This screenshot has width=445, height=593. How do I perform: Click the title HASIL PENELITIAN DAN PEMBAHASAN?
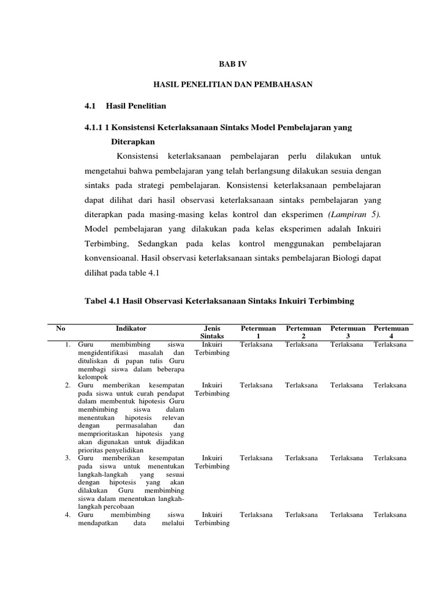(232, 85)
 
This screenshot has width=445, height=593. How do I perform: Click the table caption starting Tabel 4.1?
(219, 301)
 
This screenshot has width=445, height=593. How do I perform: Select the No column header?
(61, 328)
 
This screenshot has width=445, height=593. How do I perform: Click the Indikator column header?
(131, 328)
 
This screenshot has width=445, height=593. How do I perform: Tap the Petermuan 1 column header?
(258, 332)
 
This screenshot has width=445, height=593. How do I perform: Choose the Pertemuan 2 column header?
(304, 332)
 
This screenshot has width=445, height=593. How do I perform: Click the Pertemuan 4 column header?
(391, 332)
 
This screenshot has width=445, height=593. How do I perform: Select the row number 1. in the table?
(68, 345)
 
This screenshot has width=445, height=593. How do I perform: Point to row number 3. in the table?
(68, 458)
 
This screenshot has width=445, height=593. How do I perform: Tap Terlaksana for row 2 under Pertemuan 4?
(390, 385)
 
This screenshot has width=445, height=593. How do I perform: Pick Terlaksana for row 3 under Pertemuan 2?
(301, 458)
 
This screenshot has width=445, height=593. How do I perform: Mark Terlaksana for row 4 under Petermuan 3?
(346, 515)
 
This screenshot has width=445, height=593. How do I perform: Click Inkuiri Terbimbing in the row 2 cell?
(212, 389)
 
